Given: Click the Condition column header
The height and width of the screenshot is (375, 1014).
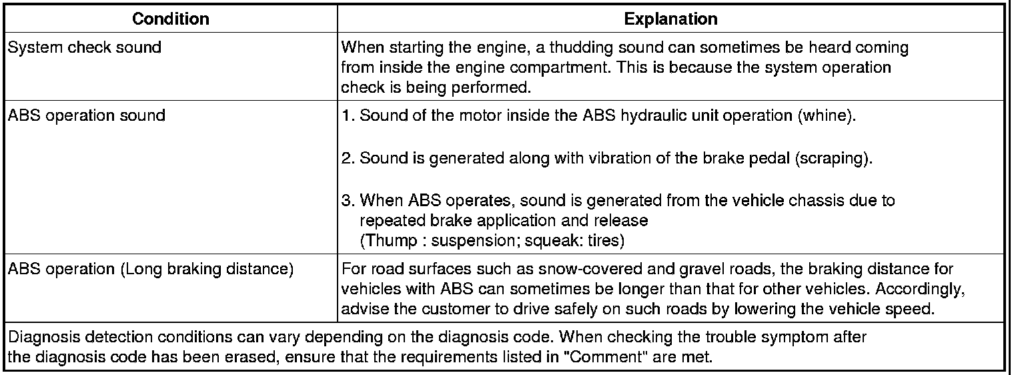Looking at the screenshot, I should [171, 19].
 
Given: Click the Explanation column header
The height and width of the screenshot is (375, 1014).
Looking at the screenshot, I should [670, 19].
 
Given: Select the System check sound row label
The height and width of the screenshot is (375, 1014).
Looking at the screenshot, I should [84, 48].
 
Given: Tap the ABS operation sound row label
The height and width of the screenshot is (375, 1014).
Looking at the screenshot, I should [87, 115].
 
